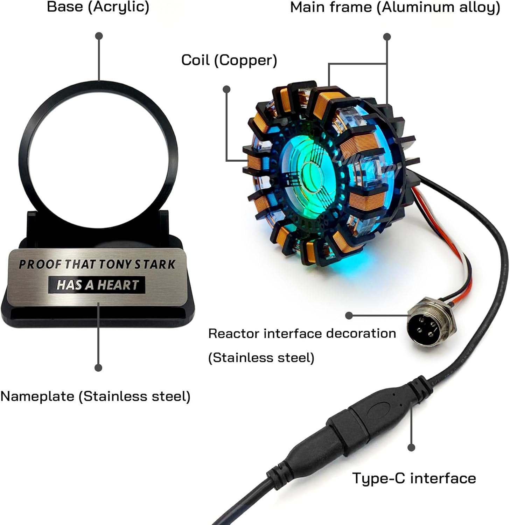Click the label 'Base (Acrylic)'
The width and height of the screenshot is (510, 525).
point(98,7)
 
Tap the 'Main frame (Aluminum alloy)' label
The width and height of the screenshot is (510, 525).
point(395,8)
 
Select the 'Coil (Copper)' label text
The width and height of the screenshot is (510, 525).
point(229,60)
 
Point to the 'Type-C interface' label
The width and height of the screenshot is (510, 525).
point(414,478)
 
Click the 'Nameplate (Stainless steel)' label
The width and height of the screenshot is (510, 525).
point(95,396)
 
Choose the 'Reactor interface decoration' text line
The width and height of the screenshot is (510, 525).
point(302,334)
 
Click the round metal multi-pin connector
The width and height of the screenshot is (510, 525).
point(432,322)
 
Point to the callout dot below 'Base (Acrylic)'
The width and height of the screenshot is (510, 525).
point(99,36)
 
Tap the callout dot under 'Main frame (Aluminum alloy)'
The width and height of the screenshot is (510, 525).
point(387,37)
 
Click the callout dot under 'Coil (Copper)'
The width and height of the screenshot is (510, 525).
point(226,90)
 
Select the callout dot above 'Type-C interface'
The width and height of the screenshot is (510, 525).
point(412,447)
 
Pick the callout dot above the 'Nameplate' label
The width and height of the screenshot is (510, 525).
point(98,368)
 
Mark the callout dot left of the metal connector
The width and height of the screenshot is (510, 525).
point(349,316)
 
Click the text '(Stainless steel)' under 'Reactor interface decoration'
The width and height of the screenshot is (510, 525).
point(261,358)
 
